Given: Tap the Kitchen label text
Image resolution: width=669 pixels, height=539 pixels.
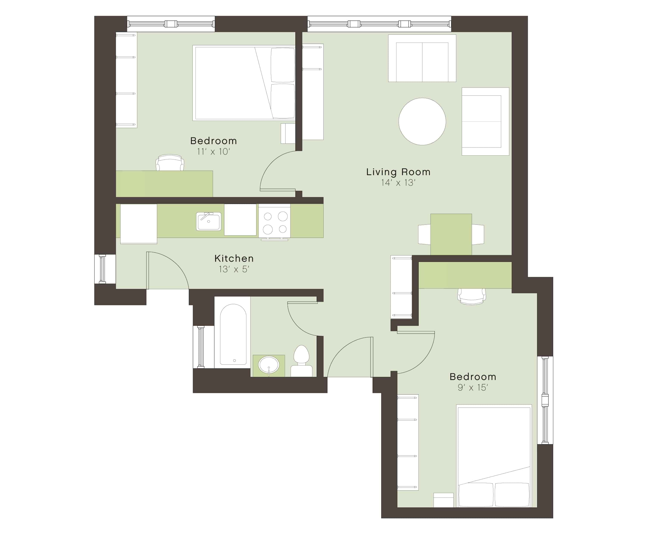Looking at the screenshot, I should pos(234,258).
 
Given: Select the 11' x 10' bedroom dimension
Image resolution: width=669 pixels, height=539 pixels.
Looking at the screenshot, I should pos(214,152).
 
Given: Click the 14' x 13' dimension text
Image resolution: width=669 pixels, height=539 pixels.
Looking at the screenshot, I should pos(398,183).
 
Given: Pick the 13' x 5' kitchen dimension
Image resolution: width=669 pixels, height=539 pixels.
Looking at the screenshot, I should pos(234,269).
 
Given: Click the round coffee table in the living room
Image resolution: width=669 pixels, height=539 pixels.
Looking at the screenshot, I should pos(422,121).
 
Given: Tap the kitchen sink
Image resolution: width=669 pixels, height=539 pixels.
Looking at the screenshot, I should pos(209,221).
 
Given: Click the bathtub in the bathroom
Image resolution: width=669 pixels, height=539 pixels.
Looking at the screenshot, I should pos(233,334).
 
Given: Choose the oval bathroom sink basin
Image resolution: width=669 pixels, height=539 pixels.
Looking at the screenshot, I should pos(269,365).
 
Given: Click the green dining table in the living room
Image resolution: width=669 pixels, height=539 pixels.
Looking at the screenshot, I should pos(451,234).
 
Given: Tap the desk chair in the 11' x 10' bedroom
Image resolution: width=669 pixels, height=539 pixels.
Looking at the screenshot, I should pos(170,162).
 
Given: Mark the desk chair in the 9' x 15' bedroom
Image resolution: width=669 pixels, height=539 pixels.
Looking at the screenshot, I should pos(472,296).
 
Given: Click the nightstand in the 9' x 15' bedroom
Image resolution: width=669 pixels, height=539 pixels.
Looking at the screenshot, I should pos(443,500).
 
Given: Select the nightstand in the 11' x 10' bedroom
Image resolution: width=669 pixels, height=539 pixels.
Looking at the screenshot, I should pos(288,133).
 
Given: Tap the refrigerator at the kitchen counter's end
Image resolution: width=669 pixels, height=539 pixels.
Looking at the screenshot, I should pos(138,224).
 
